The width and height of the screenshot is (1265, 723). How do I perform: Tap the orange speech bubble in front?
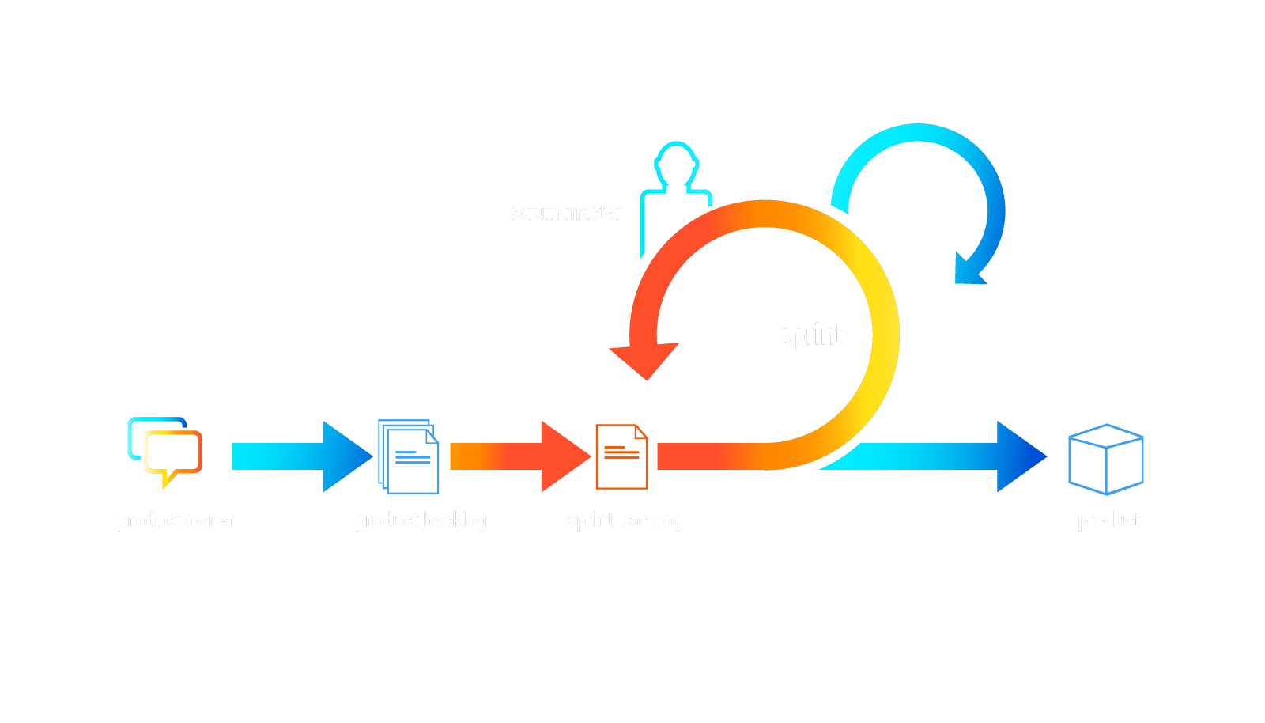coord(174,454)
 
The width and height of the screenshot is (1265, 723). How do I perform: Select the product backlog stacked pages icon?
coord(408,456)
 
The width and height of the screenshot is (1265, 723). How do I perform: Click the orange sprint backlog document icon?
coord(621,456)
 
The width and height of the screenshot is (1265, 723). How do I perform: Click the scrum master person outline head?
coord(676,163)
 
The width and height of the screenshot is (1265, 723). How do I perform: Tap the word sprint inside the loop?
coord(810,335)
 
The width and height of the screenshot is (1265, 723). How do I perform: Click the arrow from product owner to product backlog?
coord(300,456)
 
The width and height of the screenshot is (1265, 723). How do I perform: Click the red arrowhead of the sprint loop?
coord(646,360)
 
